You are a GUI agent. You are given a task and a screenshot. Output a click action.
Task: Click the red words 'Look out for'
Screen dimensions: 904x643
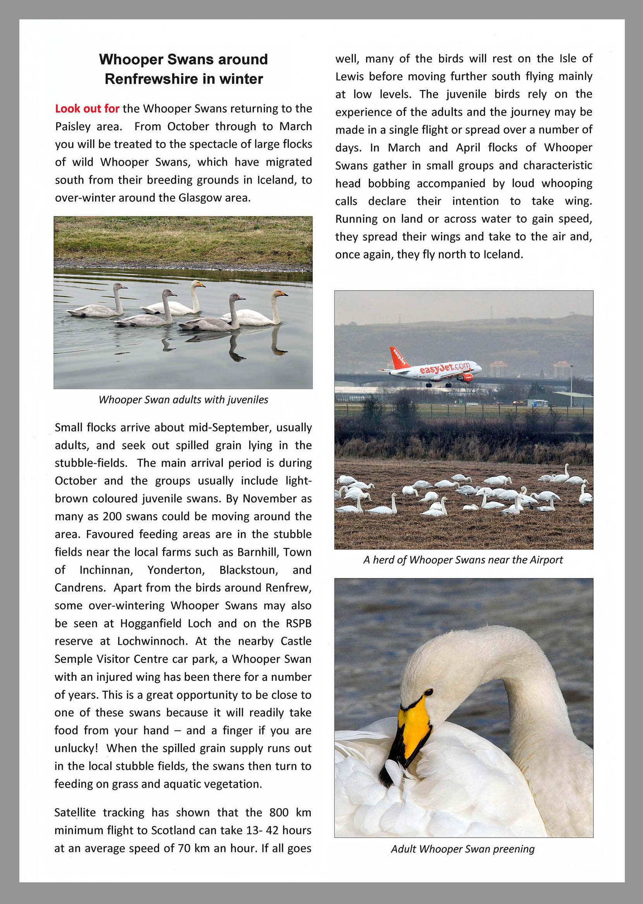pos(87,108)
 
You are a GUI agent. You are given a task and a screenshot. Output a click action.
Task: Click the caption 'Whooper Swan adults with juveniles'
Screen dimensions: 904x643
pos(183,400)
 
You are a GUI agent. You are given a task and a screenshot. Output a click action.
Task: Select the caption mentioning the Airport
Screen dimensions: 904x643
pos(463,560)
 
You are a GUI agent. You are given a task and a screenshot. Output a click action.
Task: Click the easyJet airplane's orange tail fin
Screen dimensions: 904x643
pos(398,358)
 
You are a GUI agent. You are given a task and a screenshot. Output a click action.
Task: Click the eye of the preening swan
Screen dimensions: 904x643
pos(429,692)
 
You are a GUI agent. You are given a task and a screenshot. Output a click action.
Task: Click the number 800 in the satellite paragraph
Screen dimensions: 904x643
pos(279,812)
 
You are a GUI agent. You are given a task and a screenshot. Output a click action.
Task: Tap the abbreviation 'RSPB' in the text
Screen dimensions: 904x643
pos(298,623)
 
